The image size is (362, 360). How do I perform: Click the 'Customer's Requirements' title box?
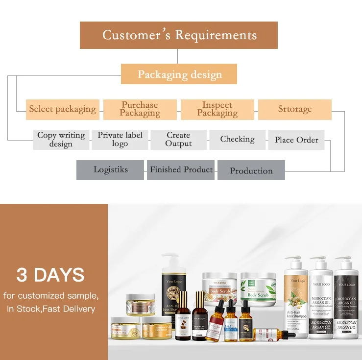179,35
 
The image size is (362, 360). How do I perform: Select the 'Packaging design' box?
179,74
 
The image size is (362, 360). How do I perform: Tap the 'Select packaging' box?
62,109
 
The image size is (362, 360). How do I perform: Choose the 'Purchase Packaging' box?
140,109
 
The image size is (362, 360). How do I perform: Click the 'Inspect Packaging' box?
217,109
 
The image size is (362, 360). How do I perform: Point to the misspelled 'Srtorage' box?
294,109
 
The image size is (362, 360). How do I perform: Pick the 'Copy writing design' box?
61,140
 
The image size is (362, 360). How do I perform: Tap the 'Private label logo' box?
120,140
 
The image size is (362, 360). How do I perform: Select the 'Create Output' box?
178,140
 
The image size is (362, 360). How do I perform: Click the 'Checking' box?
237,140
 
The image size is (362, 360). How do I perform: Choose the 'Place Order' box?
296,140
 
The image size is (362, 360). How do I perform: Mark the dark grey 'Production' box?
251,171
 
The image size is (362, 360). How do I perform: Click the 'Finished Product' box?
181,170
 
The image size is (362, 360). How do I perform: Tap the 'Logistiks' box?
110,170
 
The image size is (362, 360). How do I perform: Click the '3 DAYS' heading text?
50,275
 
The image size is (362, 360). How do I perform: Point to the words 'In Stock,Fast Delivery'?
51,309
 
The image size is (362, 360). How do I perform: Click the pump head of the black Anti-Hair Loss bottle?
170,259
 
